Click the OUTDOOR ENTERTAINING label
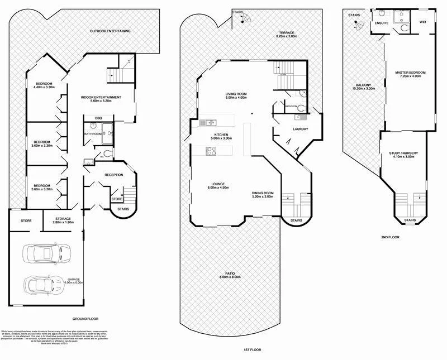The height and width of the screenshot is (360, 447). point(110,31)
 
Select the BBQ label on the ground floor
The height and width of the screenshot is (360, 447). point(98,118)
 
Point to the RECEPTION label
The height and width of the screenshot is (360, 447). point(113,175)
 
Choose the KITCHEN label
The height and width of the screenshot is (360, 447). point(222,137)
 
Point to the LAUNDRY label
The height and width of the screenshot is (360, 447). point(300,129)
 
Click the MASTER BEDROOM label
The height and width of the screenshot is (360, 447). point(410,75)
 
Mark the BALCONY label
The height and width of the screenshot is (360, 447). point(362,87)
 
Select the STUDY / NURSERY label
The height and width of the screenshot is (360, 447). point(403,155)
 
